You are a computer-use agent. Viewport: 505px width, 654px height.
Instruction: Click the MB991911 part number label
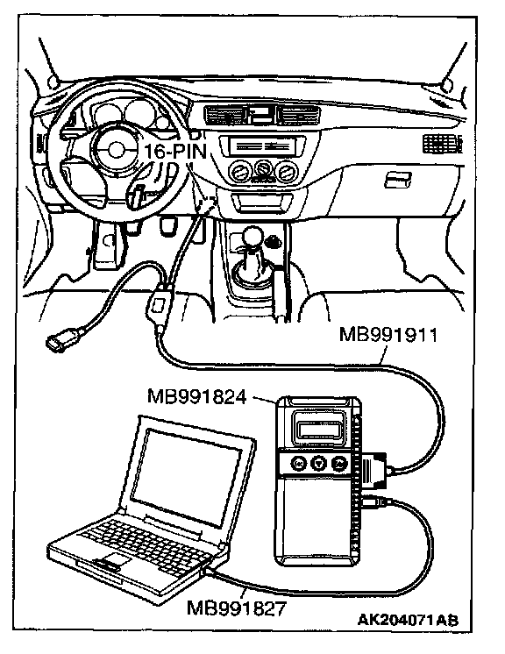point(388,335)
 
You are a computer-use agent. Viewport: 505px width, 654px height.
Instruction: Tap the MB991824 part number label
point(197,396)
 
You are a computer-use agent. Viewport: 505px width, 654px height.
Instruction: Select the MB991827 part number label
point(237,608)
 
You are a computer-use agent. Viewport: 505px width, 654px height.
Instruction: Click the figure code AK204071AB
point(408,620)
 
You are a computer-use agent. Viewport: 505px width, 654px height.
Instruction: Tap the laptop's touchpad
point(110,560)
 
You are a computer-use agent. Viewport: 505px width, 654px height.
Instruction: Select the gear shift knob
point(252,238)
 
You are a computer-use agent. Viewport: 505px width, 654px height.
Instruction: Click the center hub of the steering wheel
point(116,150)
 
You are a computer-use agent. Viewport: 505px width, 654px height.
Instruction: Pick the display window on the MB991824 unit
point(319,429)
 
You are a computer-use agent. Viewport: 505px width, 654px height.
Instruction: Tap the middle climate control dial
point(263,168)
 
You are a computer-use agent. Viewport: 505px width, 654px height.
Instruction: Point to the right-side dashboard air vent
point(441,144)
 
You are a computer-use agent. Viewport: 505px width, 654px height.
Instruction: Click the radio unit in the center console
point(263,146)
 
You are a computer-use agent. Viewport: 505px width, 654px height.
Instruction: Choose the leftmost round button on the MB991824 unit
point(299,463)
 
